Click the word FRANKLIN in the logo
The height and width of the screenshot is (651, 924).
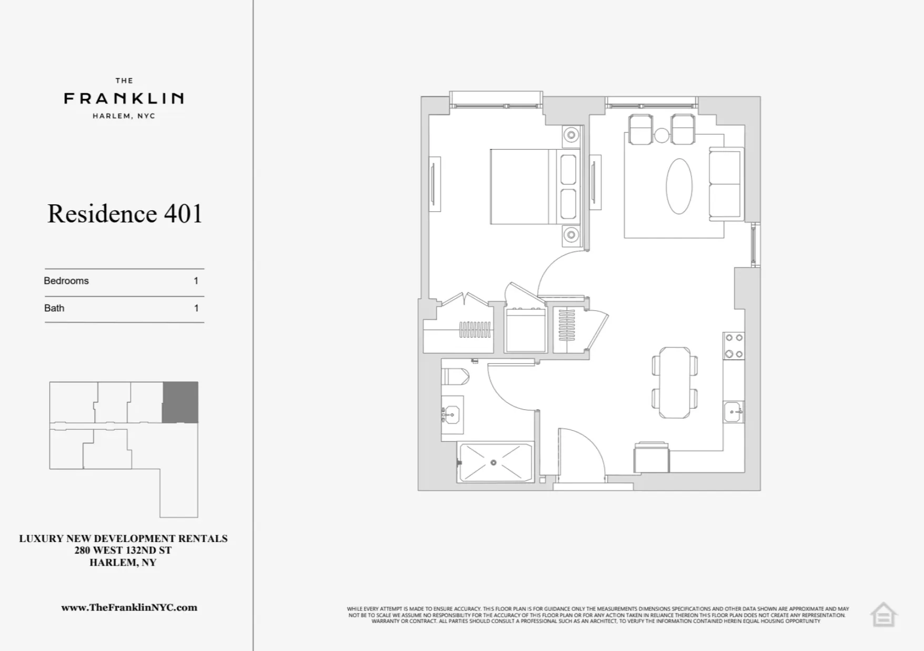[x=124, y=98]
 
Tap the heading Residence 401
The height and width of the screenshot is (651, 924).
[x=125, y=214]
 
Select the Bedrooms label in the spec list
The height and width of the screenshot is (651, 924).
[x=66, y=281]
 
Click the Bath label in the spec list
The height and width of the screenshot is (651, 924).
[x=54, y=308]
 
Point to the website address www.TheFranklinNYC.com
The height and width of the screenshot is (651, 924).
[x=129, y=607]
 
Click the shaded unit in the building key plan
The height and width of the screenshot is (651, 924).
[x=180, y=402]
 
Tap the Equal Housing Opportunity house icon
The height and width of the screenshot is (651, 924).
[x=883, y=614]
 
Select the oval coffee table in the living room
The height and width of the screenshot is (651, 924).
[x=679, y=186]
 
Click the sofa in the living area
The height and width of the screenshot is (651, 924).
[x=726, y=184]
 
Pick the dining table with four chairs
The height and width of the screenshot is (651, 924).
[x=675, y=382]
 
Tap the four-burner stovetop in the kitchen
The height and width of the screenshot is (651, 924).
[x=734, y=346]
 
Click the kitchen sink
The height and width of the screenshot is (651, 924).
[x=734, y=411]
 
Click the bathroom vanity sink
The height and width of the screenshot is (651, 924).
[x=451, y=415]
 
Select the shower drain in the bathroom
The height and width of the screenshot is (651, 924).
[x=494, y=462]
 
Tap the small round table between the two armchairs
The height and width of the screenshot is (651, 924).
[x=661, y=135]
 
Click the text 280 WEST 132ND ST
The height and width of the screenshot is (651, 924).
[x=123, y=550]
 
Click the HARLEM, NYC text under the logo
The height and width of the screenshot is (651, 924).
[x=124, y=116]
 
